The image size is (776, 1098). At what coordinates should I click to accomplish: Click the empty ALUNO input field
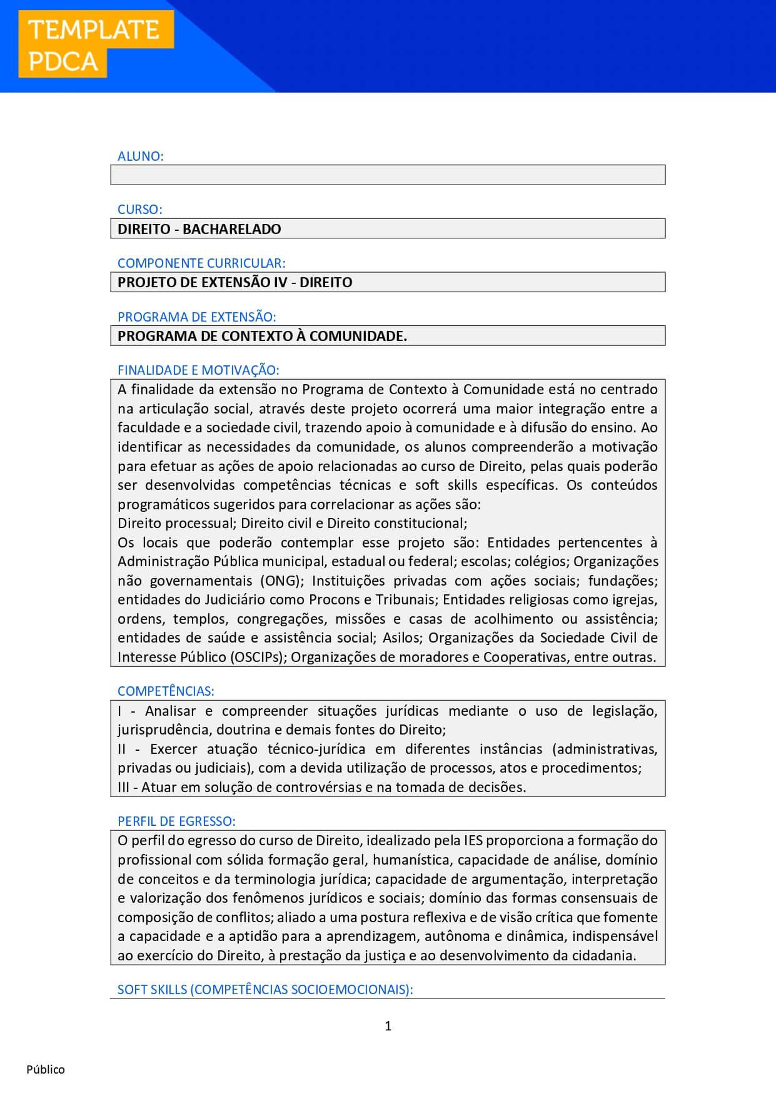pos(388,175)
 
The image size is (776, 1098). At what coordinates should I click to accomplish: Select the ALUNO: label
pos(141,156)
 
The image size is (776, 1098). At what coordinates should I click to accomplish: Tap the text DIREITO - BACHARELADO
pos(199,229)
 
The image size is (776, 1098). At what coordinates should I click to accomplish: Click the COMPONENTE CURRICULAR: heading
pos(201,263)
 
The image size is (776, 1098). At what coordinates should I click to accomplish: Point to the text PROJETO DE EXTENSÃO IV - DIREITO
pos(235,282)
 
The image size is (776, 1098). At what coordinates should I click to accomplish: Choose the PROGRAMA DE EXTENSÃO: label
pos(197,317)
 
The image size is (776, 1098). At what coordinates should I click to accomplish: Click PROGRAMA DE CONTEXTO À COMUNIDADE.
pos(262,336)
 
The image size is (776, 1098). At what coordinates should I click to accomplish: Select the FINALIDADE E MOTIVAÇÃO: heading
pos(198,370)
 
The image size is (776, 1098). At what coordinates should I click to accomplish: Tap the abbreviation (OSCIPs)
pos(256,657)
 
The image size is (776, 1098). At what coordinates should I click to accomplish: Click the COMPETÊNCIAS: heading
pos(166,691)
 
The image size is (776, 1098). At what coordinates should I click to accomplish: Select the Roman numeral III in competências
pos(123,787)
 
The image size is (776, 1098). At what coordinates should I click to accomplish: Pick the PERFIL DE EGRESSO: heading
pos(176,821)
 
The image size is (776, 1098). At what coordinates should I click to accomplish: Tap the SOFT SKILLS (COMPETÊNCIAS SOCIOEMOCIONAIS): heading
pos(265,990)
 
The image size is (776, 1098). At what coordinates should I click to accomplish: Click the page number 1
pos(388,1025)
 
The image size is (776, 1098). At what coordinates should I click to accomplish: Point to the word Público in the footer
pos(46,1069)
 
